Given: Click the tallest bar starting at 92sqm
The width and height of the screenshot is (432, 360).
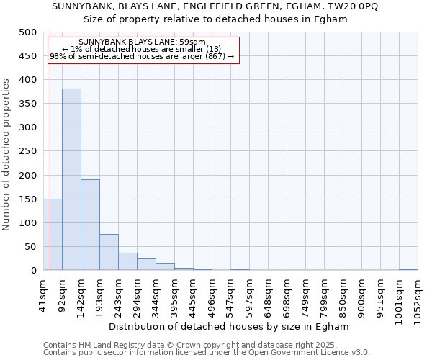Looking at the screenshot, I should click(x=71, y=179).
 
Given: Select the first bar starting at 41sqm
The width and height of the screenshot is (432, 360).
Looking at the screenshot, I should click(x=53, y=234).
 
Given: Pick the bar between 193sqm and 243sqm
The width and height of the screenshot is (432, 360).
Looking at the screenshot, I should click(x=109, y=252).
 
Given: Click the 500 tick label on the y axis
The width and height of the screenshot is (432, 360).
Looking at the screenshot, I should click(x=28, y=32).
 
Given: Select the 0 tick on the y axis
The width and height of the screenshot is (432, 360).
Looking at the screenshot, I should click(x=33, y=271).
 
